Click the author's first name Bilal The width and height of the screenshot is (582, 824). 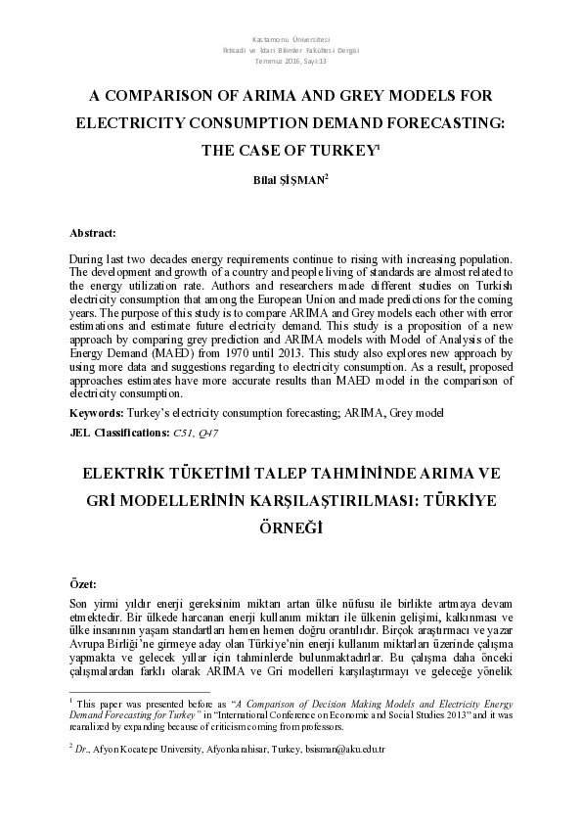tap(264, 180)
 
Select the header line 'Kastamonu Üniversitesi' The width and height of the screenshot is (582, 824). tap(291, 37)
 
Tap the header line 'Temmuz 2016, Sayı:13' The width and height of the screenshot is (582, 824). tap(291, 61)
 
